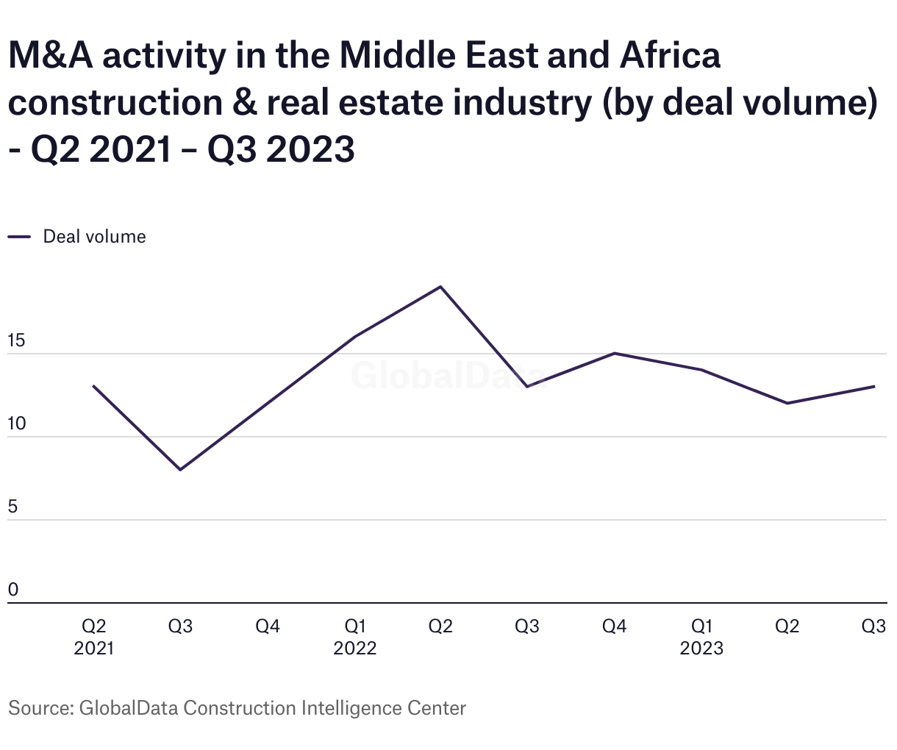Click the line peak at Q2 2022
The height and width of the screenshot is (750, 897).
pyautogui.click(x=440, y=287)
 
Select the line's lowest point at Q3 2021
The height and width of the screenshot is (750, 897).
pyautogui.click(x=180, y=470)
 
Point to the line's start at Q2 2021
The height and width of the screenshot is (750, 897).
pyautogui.click(x=93, y=386)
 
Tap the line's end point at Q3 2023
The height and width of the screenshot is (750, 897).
pyautogui.click(x=874, y=386)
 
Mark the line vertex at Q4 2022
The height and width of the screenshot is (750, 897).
pyautogui.click(x=614, y=354)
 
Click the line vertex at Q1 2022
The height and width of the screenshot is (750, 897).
pyautogui.click(x=354, y=337)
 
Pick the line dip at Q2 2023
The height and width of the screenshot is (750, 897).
pyautogui.click(x=787, y=403)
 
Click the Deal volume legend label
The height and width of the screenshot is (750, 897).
pyautogui.click(x=94, y=237)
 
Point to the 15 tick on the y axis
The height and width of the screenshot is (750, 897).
pyautogui.click(x=16, y=341)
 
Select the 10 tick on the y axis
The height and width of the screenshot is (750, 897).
pyautogui.click(x=16, y=424)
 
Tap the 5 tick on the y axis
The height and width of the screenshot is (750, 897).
pyautogui.click(x=12, y=507)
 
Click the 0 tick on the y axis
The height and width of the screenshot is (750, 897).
pyautogui.click(x=12, y=590)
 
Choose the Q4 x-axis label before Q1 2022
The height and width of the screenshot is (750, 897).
pyautogui.click(x=268, y=626)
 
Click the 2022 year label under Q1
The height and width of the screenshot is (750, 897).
pyautogui.click(x=354, y=649)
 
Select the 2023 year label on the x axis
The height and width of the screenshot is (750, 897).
pyautogui.click(x=701, y=649)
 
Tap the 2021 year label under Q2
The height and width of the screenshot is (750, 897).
pyautogui.click(x=93, y=649)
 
